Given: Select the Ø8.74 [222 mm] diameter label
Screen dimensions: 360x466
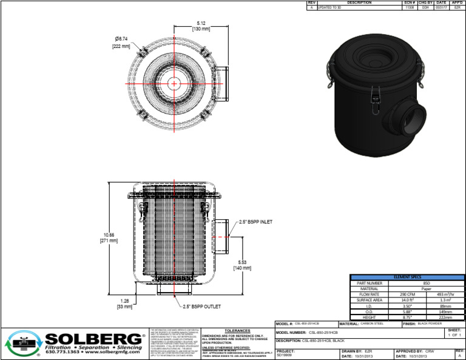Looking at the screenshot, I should click(x=121, y=42).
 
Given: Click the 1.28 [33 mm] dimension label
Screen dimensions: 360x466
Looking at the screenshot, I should click(x=125, y=304).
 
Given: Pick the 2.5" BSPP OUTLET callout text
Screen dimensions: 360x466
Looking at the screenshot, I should click(x=204, y=307).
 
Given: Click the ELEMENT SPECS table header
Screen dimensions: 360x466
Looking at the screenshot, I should click(x=407, y=277).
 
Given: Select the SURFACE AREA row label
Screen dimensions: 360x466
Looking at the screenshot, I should click(x=370, y=300).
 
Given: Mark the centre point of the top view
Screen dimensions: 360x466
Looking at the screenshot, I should click(x=174, y=82).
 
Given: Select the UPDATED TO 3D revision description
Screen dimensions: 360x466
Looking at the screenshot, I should click(x=330, y=7).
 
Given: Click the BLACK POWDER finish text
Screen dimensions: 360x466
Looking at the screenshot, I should click(x=432, y=324).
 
